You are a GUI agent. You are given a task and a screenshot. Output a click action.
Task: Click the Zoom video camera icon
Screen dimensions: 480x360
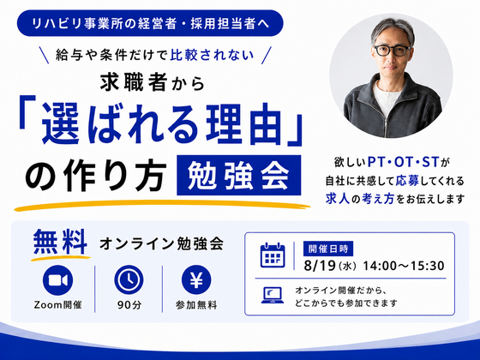coord(58,280)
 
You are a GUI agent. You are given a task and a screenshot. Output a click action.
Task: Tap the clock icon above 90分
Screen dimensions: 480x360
coord(129,280)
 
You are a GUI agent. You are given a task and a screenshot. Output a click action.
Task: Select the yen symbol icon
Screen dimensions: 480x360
coord(196,280)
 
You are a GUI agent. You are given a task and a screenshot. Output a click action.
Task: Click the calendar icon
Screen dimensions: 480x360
coord(273,255)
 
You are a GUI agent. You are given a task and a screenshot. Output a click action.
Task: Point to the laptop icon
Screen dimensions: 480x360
coord(273,296)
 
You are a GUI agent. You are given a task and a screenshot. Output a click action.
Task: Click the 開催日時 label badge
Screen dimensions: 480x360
coord(328,249)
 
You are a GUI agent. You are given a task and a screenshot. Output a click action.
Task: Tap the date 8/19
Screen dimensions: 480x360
coord(320,266)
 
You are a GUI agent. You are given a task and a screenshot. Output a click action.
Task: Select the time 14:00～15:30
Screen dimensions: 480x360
coord(404,266)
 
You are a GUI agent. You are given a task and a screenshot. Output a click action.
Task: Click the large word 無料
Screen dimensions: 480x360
coord(60,242)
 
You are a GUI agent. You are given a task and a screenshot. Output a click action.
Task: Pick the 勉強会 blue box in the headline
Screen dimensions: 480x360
coord(239,175)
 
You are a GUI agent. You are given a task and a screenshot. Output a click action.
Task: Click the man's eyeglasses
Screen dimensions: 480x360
coord(393,51)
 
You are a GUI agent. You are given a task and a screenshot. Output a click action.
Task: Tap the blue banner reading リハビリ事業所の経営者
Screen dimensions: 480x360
coord(150,24)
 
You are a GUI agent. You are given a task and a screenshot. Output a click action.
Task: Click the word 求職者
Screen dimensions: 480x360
coord(134,82)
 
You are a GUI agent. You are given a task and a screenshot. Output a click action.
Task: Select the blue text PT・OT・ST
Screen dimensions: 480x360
coord(403,162)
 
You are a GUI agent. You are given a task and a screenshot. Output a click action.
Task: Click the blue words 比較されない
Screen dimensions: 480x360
coord(213,55)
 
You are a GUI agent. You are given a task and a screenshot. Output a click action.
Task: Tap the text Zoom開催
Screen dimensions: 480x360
coord(58,305)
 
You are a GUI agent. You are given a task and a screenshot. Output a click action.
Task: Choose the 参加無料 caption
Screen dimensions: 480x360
coord(196,305)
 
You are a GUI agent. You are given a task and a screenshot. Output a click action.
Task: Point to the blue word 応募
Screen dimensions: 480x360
coord(407,181)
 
